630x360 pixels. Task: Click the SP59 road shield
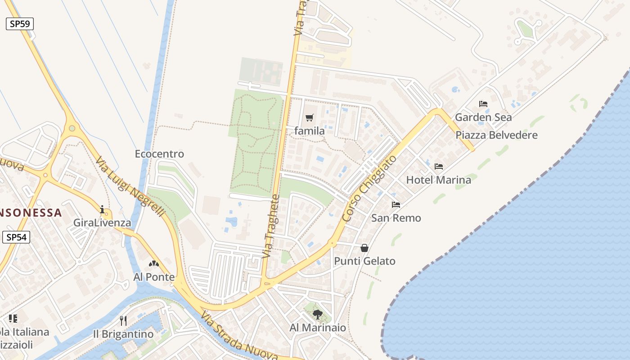click(20, 24)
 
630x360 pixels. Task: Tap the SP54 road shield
click(16, 237)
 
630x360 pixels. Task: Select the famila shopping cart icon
click(309, 118)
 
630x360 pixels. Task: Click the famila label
click(310, 131)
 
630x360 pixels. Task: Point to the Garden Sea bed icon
click(483, 104)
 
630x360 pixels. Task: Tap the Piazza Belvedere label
click(496, 135)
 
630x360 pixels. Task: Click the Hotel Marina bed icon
click(439, 166)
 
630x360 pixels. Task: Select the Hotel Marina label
click(439, 180)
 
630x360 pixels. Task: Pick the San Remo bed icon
click(396, 205)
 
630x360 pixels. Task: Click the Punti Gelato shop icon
click(364, 248)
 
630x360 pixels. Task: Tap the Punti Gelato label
click(364, 261)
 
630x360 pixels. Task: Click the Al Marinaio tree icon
click(318, 315)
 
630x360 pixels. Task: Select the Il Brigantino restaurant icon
click(123, 320)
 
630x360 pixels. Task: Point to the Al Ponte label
click(154, 277)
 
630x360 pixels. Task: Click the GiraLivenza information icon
click(103, 209)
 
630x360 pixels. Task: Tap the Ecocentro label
click(159, 154)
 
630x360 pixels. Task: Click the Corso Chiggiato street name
click(369, 188)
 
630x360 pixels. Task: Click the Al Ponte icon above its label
click(154, 264)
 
